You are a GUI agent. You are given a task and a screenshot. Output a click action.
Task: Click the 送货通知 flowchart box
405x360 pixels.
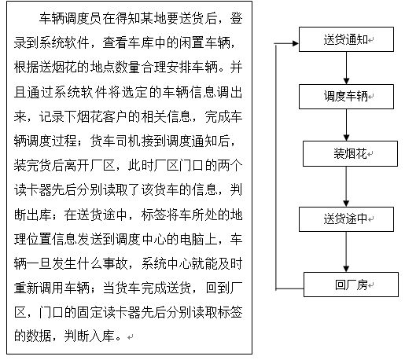pyautogui.click(x=346, y=39)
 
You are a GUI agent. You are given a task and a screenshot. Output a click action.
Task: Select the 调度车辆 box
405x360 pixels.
pyautogui.click(x=346, y=97)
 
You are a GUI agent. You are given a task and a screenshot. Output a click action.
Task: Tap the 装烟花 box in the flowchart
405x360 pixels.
pyautogui.click(x=350, y=153)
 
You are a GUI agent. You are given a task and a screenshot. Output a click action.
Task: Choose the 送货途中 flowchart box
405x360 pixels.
pyautogui.click(x=346, y=219)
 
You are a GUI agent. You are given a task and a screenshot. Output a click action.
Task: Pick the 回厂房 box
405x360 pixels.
pyautogui.click(x=351, y=285)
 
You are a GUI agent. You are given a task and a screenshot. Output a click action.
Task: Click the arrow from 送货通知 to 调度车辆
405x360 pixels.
pyautogui.click(x=346, y=68)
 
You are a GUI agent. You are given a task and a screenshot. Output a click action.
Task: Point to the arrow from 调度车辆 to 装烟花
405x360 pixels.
pyautogui.click(x=346, y=125)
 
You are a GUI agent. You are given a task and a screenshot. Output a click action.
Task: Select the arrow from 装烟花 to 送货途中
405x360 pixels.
pyautogui.click(x=346, y=186)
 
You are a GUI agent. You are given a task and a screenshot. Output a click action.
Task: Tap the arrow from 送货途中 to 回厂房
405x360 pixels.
pyautogui.click(x=346, y=252)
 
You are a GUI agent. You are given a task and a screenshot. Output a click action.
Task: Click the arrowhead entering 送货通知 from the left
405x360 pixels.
pyautogui.click(x=296, y=43)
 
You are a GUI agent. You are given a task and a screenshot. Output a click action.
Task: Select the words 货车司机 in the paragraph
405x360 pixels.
pyautogui.click(x=116, y=141)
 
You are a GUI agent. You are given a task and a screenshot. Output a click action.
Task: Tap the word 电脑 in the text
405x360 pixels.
pyautogui.click(x=193, y=239)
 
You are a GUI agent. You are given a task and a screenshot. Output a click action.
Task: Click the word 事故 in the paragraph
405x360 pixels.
pyautogui.click(x=116, y=263)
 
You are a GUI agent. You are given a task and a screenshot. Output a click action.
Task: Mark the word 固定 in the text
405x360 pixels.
pyautogui.click(x=90, y=313)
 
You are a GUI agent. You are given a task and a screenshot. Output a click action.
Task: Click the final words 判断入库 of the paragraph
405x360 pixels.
pyautogui.click(x=90, y=336)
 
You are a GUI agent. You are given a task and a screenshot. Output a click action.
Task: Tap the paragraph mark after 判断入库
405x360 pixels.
pyautogui.click(x=131, y=337)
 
